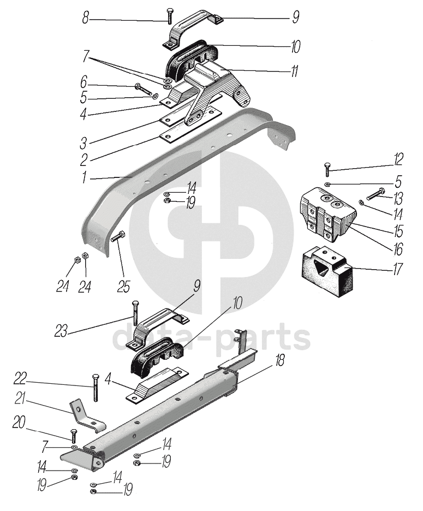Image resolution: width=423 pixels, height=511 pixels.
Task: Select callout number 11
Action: coord(295,72)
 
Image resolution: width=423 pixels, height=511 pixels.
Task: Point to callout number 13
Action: coord(398,197)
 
